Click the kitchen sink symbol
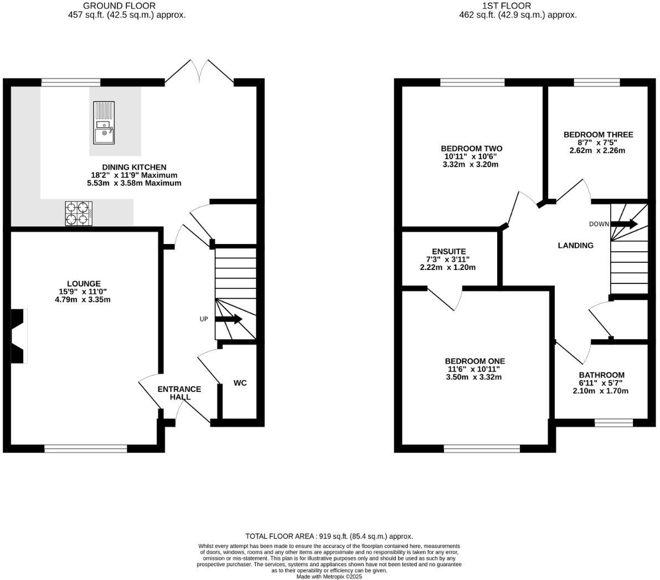point(104,122)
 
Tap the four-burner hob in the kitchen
point(78,214)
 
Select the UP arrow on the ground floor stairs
point(228,319)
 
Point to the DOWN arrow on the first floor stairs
point(624,224)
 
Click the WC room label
point(240,383)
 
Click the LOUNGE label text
point(84,283)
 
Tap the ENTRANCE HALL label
point(179,393)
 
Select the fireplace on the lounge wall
point(19,336)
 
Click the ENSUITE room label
point(448,251)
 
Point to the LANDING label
point(575,245)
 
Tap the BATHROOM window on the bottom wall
point(613,423)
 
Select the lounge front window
point(85,449)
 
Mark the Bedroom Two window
point(472,83)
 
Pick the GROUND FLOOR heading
point(119,6)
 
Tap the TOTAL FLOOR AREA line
point(329,536)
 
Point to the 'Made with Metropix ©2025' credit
point(329,576)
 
